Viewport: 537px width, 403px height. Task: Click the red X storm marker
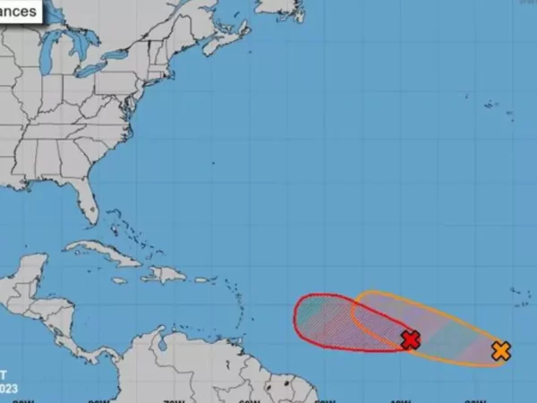[x=411, y=339]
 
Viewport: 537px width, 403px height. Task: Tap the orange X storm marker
[x=501, y=351]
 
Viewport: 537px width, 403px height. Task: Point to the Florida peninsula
[x=85, y=201]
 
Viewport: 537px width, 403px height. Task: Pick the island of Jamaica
[x=118, y=280]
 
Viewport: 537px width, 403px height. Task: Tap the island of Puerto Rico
[x=202, y=279]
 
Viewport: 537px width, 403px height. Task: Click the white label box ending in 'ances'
[x=18, y=10]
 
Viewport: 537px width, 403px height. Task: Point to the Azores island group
[x=490, y=105]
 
